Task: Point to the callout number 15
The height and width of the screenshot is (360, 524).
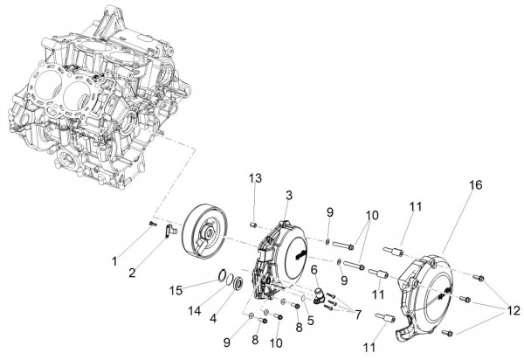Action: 176,288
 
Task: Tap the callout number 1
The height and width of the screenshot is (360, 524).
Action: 113,260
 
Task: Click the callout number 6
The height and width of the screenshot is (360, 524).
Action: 314,271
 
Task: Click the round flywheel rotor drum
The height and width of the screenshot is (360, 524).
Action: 204,232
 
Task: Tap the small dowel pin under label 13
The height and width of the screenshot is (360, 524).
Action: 254,225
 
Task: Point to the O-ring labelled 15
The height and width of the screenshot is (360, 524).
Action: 224,280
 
